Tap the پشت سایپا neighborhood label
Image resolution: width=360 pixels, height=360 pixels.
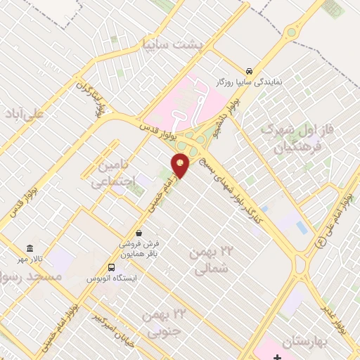(172, 44)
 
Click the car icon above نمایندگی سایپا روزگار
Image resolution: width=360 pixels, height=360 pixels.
(250, 71)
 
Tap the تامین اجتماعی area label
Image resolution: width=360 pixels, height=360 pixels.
(108, 173)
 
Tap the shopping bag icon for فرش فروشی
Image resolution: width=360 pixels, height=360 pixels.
(139, 233)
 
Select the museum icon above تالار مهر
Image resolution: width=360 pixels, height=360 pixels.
(30, 249)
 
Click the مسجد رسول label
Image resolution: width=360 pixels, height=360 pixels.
(31, 277)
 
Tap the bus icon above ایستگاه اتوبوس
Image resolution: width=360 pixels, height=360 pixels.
(111, 267)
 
